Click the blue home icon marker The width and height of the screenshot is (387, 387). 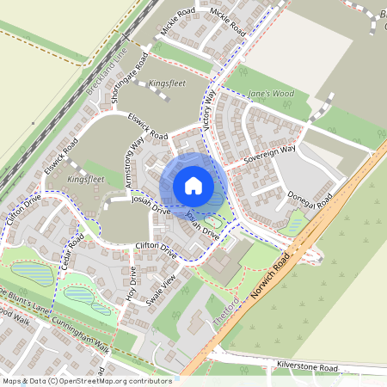click(x=193, y=185)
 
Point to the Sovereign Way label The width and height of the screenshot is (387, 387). click(x=268, y=156)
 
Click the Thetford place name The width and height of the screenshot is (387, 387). click(x=224, y=314)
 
